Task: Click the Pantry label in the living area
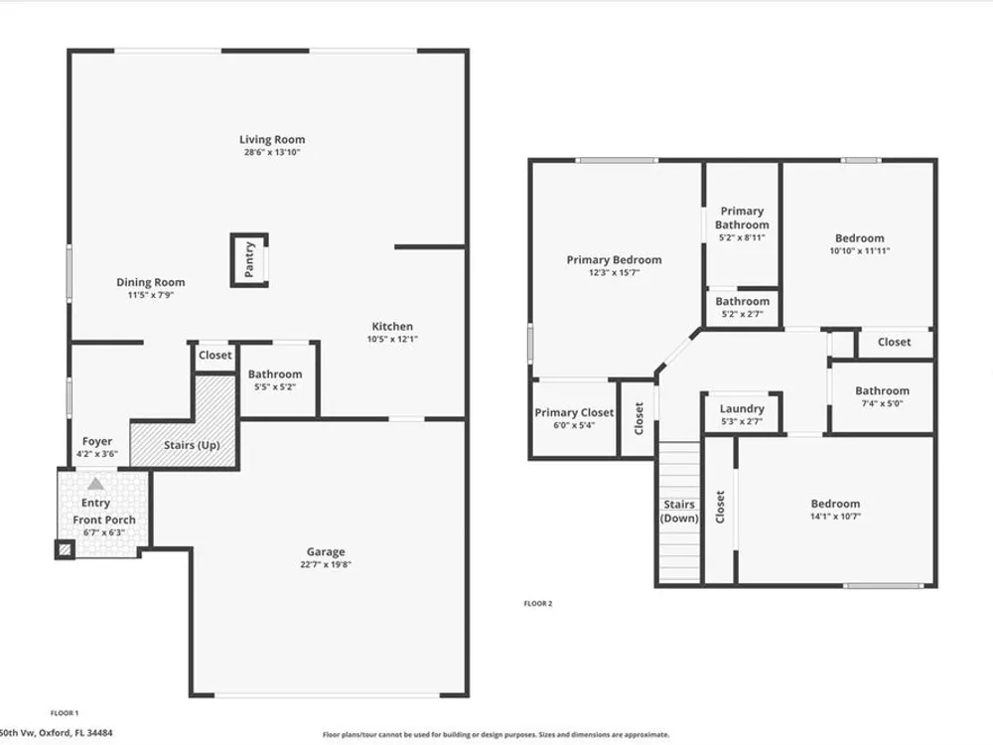(x=249, y=259)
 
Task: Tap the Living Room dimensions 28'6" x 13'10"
(x=272, y=153)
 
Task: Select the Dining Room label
(x=151, y=282)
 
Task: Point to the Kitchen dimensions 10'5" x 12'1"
(x=392, y=339)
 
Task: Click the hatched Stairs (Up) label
(x=192, y=445)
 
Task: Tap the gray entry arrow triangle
(x=95, y=484)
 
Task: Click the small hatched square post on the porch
(x=65, y=549)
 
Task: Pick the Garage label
(x=326, y=551)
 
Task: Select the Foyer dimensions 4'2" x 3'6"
(x=97, y=454)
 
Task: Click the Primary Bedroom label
(x=614, y=259)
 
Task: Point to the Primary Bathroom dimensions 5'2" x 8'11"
(x=742, y=237)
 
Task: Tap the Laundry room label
(x=742, y=408)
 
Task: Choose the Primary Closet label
(x=574, y=412)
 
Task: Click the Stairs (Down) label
(x=679, y=512)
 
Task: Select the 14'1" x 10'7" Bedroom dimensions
(x=835, y=517)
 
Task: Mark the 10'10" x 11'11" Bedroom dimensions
(x=859, y=251)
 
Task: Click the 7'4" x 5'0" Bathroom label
(x=882, y=390)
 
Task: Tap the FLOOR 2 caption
(x=537, y=604)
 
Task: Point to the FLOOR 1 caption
(x=64, y=713)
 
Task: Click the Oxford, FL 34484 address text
(x=75, y=733)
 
